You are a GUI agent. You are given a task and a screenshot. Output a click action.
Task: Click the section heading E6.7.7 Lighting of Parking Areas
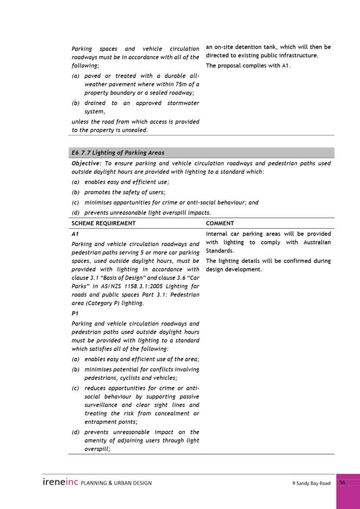pos(117,153)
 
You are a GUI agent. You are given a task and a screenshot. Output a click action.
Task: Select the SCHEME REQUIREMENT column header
pos(104,223)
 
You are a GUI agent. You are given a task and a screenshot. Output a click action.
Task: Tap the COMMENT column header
pos(220,223)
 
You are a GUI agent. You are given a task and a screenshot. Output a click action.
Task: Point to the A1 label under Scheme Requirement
pos(75,233)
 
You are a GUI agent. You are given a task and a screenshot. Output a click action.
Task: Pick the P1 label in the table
pos(75,313)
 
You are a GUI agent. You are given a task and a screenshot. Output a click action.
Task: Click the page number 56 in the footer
pos(342,482)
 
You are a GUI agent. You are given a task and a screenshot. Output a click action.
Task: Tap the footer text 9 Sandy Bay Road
pos(311,483)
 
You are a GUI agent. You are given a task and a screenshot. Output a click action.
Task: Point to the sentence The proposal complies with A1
pos(248,65)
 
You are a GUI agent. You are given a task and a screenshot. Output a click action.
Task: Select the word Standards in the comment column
pos(220,251)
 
